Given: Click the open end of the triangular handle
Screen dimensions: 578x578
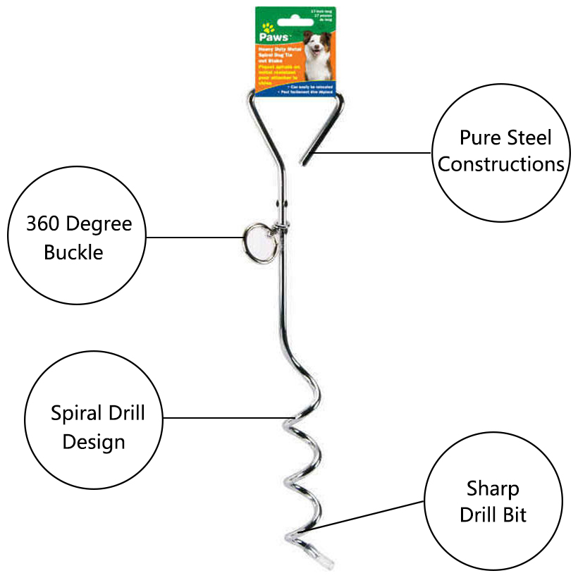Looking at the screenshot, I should click(x=305, y=159).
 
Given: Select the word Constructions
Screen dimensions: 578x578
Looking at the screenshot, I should click(x=501, y=164).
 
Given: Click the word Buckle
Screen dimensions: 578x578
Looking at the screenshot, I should click(x=73, y=252).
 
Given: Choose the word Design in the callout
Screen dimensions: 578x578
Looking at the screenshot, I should click(x=94, y=442).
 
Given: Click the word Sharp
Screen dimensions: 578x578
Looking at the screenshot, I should click(x=493, y=488).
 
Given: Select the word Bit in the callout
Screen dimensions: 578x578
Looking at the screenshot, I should click(x=514, y=515).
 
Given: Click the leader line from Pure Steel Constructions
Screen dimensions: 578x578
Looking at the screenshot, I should click(x=374, y=152).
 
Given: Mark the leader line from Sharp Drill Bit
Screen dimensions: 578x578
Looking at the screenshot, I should click(x=374, y=515).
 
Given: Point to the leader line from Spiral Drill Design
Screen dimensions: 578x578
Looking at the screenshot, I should click(x=226, y=418).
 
